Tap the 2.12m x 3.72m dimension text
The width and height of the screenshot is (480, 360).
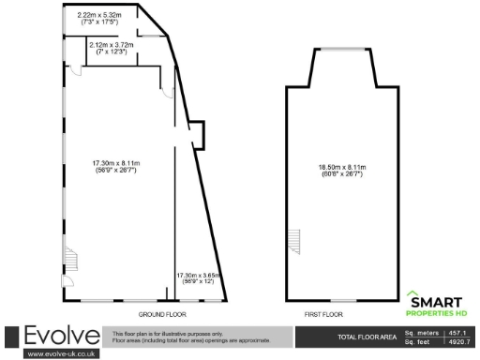click(110, 48)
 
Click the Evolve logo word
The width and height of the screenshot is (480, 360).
click(61, 336)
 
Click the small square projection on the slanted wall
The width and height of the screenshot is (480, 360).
click(197, 135)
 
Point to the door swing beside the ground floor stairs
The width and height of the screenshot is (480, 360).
click(67, 279)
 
